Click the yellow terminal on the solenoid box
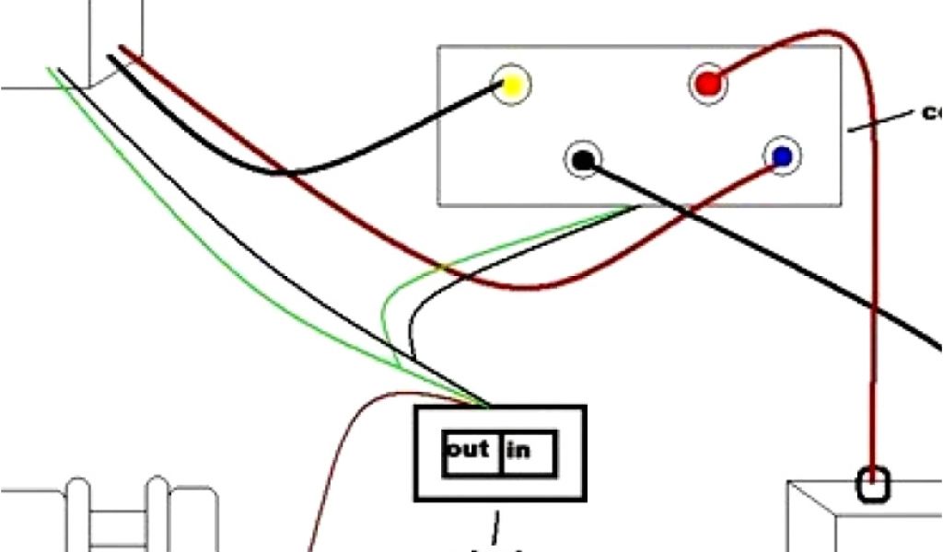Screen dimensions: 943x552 pos(511,86)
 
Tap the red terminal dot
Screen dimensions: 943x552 pos(707,85)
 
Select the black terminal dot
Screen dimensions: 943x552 pos(582,160)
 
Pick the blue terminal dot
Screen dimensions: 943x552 pos(782,157)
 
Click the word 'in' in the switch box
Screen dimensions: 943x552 pos(518,452)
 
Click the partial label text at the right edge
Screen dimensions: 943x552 pos(931,113)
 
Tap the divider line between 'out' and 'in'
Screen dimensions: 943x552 pos(500,453)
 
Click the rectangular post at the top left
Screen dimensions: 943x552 pos(115,37)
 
